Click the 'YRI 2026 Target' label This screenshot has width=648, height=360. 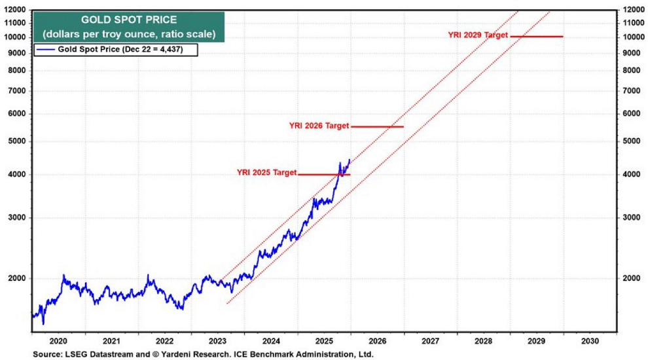click(319, 126)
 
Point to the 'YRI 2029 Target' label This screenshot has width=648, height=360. click(478, 35)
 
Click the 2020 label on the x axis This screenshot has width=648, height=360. click(58, 341)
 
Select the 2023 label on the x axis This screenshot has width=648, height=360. click(217, 341)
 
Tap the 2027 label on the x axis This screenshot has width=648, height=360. click(429, 341)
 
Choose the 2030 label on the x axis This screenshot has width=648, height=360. click(588, 341)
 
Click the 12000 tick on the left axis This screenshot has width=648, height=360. click(15, 10)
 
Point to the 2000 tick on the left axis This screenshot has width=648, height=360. click(17, 278)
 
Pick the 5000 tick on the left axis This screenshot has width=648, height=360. click(17, 141)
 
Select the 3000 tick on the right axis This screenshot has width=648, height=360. click(630, 217)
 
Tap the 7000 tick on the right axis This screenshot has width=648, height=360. click(630, 90)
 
